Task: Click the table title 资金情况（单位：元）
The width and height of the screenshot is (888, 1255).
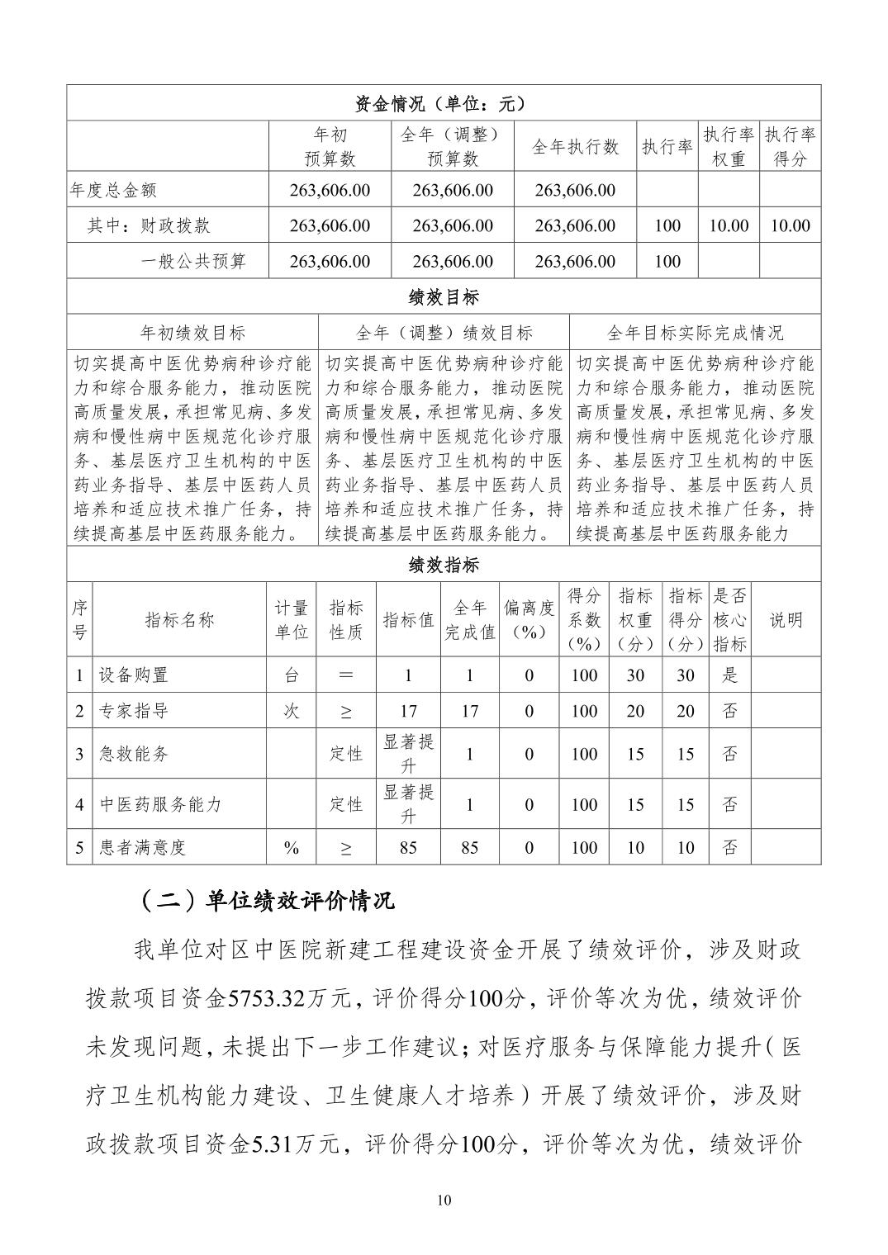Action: tap(444, 103)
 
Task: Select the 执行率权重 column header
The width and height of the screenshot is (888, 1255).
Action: tap(728, 146)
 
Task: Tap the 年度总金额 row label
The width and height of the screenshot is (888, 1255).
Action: tap(113, 190)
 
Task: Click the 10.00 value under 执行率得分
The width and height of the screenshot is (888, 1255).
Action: tap(789, 225)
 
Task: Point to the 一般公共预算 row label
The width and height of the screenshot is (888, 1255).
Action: tap(193, 262)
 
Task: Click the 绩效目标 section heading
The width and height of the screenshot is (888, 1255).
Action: tap(444, 297)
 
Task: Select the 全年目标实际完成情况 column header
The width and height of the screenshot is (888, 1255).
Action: tap(695, 333)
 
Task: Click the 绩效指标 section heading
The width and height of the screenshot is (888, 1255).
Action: tap(444, 565)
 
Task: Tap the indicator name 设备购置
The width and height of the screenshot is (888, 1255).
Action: tap(133, 675)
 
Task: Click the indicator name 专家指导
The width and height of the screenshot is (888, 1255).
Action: tap(133, 711)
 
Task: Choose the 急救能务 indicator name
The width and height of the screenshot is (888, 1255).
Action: tap(133, 754)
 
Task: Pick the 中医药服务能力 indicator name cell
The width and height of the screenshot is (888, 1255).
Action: tap(160, 804)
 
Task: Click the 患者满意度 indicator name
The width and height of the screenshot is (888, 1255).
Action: tap(142, 847)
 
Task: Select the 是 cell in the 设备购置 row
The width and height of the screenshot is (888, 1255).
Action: tap(729, 675)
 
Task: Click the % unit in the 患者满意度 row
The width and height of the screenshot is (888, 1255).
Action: tap(291, 847)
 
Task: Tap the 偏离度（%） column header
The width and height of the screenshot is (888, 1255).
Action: tap(529, 619)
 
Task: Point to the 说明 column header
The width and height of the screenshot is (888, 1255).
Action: tap(786, 619)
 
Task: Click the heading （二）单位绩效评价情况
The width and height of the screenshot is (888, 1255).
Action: tap(264, 901)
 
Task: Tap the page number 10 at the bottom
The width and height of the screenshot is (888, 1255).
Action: tap(444, 1201)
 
